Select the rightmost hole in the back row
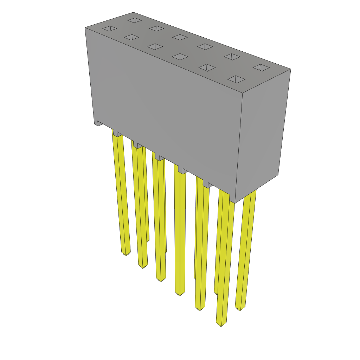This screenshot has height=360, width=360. [x=261, y=67]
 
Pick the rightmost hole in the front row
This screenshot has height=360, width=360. [x=236, y=79]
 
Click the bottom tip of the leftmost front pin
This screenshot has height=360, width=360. [x=126, y=254]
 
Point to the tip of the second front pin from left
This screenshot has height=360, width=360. [x=143, y=266]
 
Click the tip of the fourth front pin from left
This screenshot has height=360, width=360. [x=180, y=294]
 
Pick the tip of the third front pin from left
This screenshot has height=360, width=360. [x=161, y=280]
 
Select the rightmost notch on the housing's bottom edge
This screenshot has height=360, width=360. [x=210, y=185]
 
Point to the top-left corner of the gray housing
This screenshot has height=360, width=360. [x=85, y=28]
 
